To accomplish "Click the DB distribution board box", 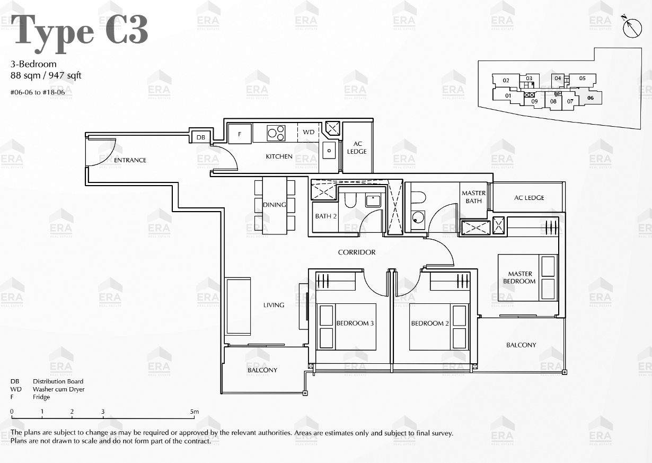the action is pos(200,137).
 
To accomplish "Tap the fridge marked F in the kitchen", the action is pos(240,134).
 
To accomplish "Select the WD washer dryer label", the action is pos(309,132).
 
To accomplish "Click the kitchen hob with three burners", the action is pos(276,133).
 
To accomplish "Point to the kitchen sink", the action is pos(329,150).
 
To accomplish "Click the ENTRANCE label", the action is pos(130,160).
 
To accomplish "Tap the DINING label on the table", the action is pos(275,205).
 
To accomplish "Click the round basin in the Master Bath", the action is pos(418,217).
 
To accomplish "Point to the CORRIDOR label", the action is pos(357,252).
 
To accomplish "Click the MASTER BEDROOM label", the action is pos(519,277).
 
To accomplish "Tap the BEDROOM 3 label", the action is pos(355,323).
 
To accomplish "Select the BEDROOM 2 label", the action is pos(430,323).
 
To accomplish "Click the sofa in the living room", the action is pos(239,306).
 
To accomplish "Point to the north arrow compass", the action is pos(632,28).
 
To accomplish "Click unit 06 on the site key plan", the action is pos(591,98).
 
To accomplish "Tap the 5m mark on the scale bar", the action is pos(195,412).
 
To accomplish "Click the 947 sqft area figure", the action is pos(65,75).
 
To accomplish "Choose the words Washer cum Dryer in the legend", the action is pos(58,389).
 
